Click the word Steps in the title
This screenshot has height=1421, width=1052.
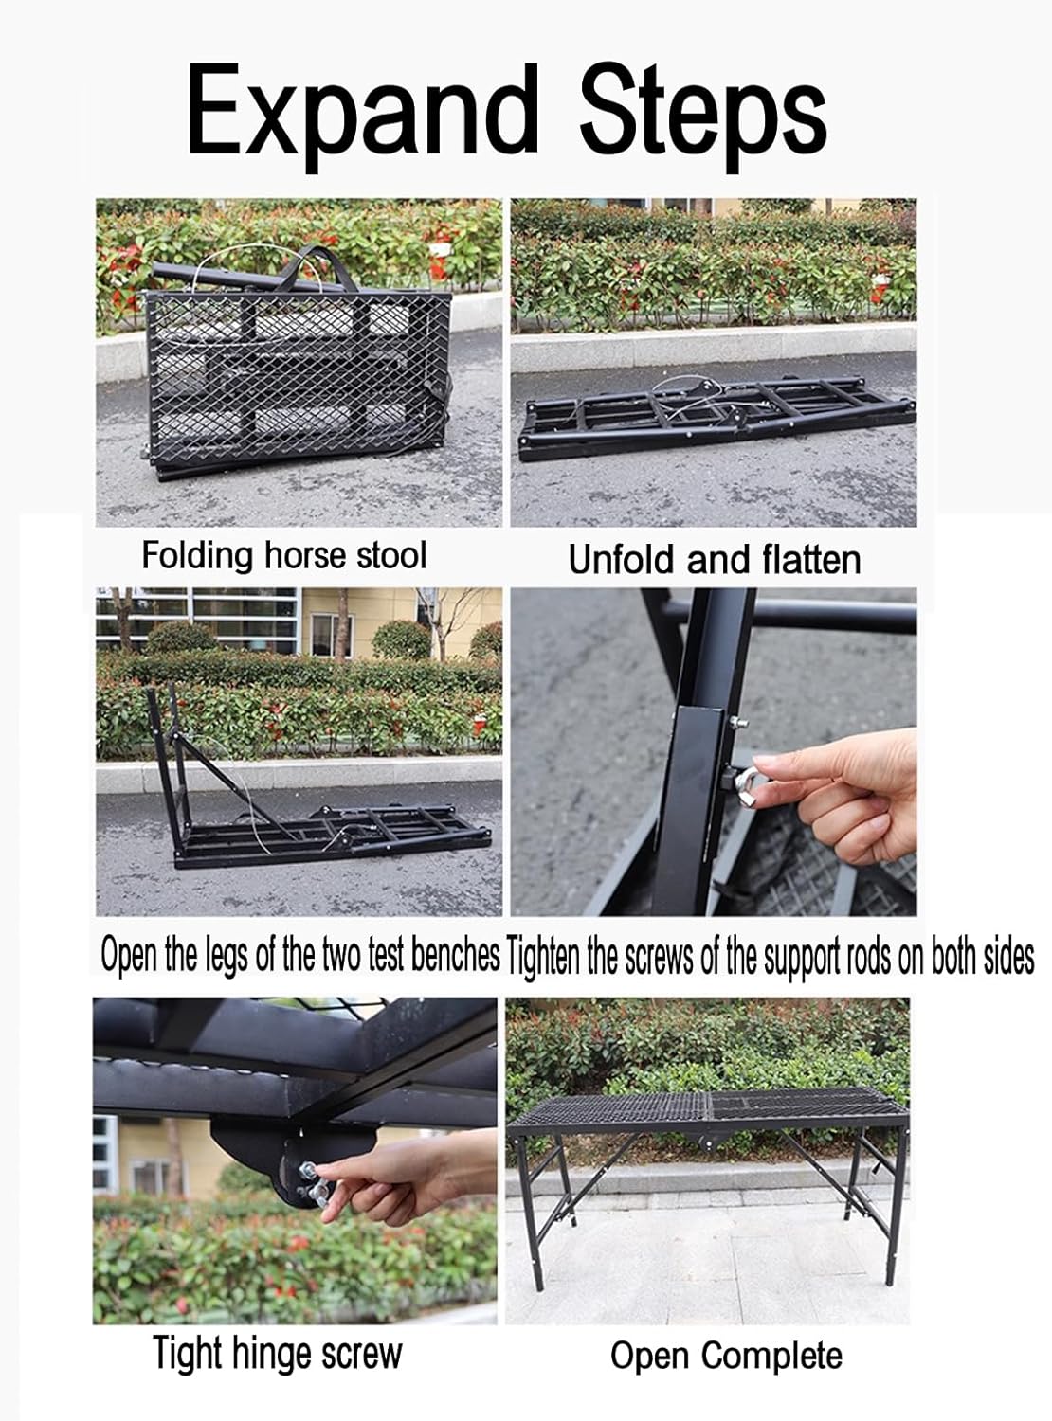point(703,114)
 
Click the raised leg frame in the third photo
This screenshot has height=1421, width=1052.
point(166,758)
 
